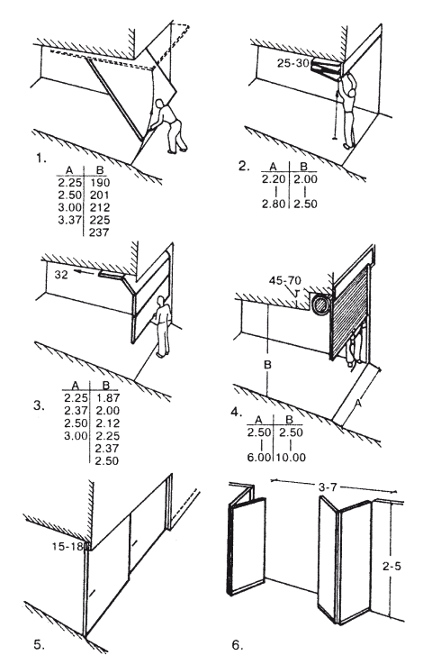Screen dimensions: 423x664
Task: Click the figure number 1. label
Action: pyautogui.click(x=40, y=159)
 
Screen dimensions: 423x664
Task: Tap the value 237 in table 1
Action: pyautogui.click(x=99, y=232)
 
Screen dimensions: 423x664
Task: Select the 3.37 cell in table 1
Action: pyautogui.click(x=69, y=220)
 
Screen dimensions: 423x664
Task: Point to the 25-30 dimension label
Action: pyautogui.click(x=293, y=63)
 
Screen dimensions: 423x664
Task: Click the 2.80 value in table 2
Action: pyautogui.click(x=274, y=204)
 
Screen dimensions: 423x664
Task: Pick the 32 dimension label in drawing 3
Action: pyautogui.click(x=61, y=275)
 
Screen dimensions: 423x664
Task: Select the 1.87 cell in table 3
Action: pyautogui.click(x=107, y=397)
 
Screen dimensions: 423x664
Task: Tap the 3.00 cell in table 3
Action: pyautogui.click(x=76, y=436)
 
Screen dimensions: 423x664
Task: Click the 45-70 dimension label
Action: pyautogui.click(x=285, y=280)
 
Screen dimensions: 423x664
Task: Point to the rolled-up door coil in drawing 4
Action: pyautogui.click(x=320, y=305)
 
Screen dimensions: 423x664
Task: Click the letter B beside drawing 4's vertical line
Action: pyautogui.click(x=268, y=365)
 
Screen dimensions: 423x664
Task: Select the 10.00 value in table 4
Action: pyautogui.click(x=291, y=458)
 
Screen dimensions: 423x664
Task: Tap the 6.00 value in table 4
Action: pyautogui.click(x=259, y=458)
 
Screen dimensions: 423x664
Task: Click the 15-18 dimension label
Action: pyautogui.click(x=68, y=546)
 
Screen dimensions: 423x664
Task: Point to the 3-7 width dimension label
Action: pyautogui.click(x=328, y=487)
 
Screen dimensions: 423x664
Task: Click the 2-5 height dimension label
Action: pyautogui.click(x=391, y=566)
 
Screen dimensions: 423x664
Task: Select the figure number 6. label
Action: pyautogui.click(x=238, y=645)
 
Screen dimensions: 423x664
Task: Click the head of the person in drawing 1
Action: pyautogui.click(x=160, y=104)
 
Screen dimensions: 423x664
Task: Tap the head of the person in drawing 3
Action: pyautogui.click(x=161, y=300)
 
